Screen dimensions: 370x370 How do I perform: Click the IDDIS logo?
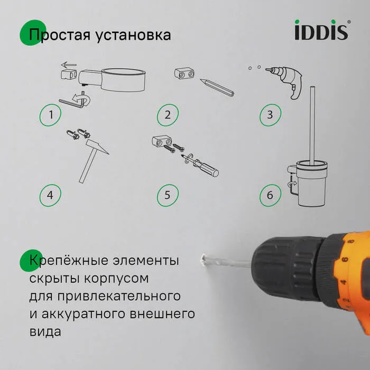point(321,31)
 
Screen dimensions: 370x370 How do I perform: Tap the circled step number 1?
point(50,115)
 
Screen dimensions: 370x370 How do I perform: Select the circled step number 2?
point(168,115)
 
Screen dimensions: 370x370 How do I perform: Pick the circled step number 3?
point(270,115)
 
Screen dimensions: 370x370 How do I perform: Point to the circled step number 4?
point(50,195)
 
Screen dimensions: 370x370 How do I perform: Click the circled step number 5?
point(168,195)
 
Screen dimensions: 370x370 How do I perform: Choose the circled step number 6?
point(270,195)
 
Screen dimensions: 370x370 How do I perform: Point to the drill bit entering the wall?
point(225,261)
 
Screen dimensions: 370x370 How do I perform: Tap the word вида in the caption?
point(45,331)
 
